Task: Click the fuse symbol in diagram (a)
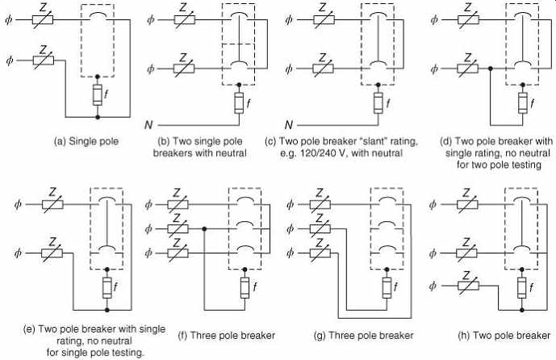point(98,95)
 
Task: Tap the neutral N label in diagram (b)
point(148,125)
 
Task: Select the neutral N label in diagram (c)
point(289,125)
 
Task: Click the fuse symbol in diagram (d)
point(522,103)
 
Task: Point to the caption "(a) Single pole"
point(86,141)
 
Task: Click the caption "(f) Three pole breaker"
point(227,335)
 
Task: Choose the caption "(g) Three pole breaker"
point(364,335)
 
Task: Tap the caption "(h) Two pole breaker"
point(504,335)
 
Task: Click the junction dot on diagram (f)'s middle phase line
point(204,229)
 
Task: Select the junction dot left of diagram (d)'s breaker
point(491,69)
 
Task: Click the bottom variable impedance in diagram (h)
point(468,286)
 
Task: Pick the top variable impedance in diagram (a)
point(43,19)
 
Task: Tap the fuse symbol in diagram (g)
point(387,287)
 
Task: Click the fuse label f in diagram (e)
point(115,286)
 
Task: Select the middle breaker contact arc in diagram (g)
point(387,224)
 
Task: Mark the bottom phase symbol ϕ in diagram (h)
point(433,286)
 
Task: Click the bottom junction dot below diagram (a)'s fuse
point(98,117)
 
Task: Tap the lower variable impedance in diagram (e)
point(52,253)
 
